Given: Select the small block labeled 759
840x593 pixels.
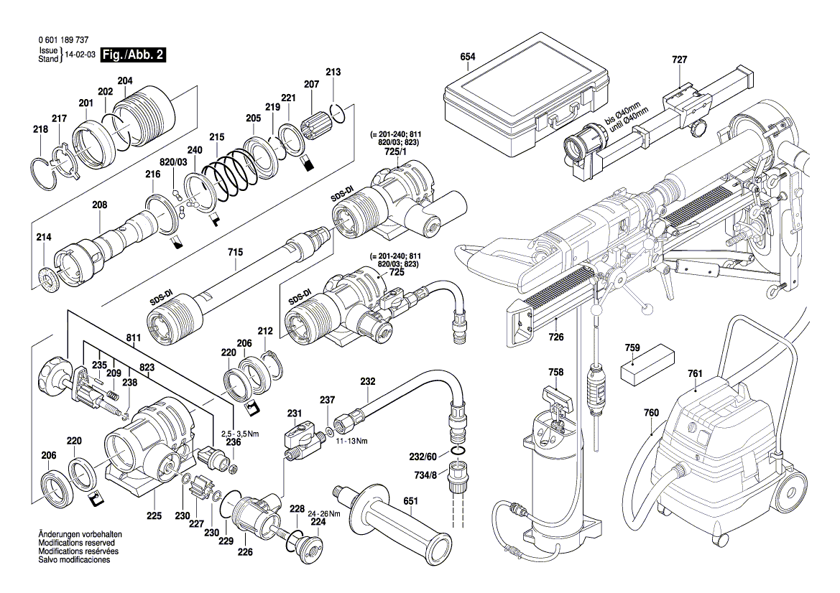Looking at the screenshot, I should point(647,368).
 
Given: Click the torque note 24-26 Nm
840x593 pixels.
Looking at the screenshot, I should point(325,513).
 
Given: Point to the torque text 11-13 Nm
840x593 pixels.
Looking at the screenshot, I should point(352,440).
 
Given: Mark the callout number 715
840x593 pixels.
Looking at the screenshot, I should point(236,253).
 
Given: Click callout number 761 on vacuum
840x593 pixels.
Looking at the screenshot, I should point(694,373).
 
